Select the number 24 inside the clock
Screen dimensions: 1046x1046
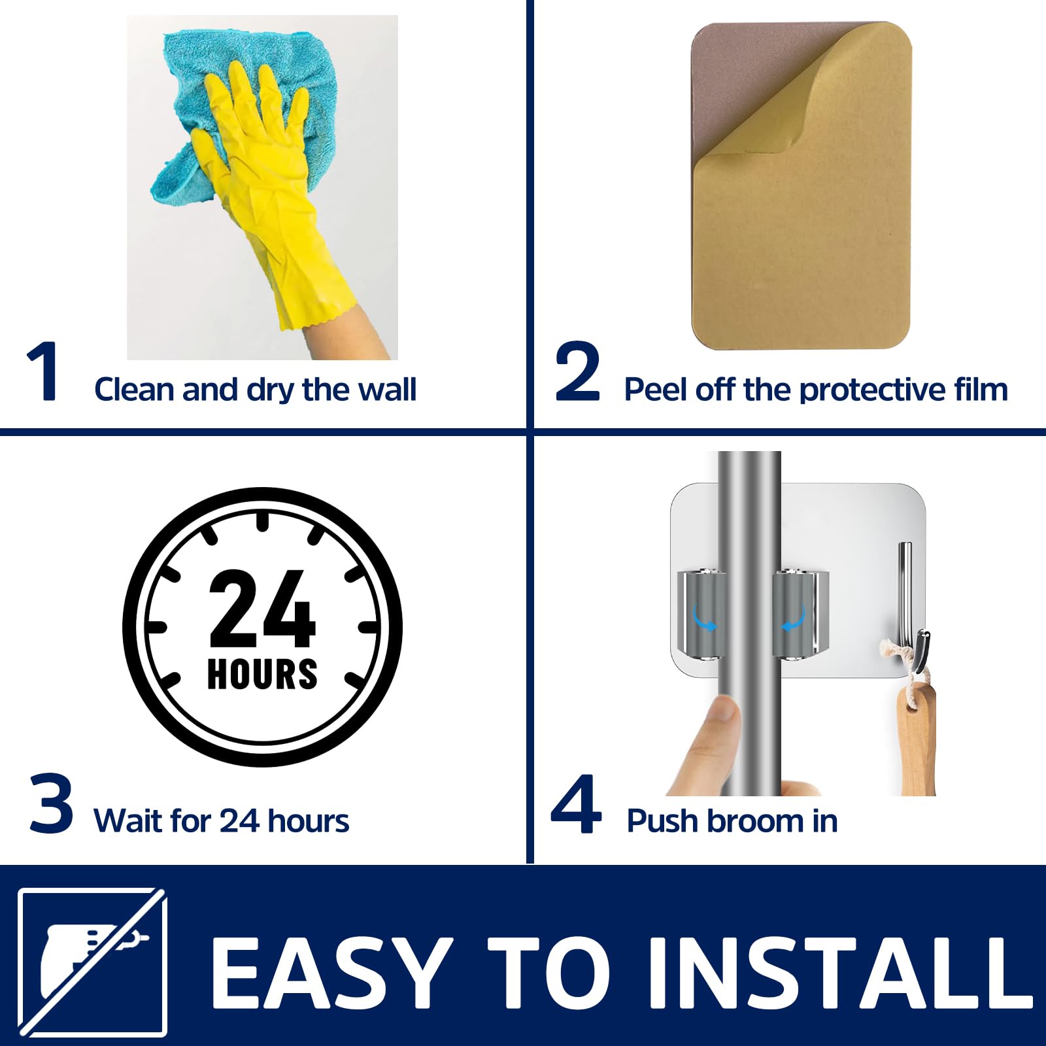coord(263,608)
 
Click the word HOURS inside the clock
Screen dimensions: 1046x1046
coord(262,674)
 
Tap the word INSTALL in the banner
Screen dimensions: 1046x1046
coord(840,972)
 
